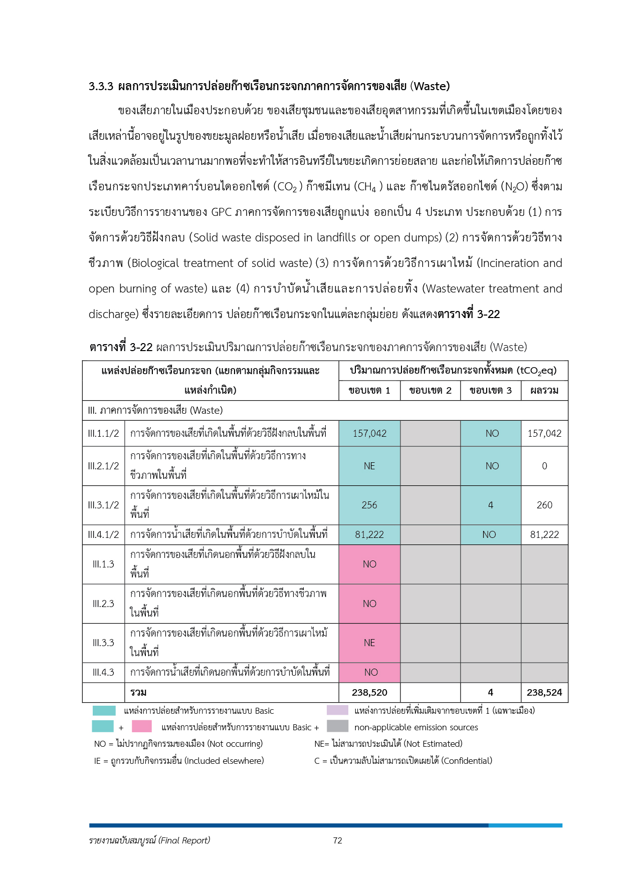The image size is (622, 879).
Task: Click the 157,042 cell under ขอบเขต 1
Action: click(x=369, y=433)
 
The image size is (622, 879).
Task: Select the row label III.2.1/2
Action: click(x=103, y=466)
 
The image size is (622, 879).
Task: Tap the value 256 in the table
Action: click(x=369, y=505)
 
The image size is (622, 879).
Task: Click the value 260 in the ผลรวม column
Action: click(x=544, y=505)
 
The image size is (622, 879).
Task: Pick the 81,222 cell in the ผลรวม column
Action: click(x=544, y=534)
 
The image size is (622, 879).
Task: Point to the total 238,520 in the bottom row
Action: click(x=369, y=692)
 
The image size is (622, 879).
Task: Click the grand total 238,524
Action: click(x=544, y=692)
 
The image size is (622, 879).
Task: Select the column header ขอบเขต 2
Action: click(x=430, y=390)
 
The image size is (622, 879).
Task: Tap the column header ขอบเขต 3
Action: click(x=491, y=390)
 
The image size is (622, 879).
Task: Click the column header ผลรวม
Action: click(x=544, y=390)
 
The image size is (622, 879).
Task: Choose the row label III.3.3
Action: click(x=103, y=643)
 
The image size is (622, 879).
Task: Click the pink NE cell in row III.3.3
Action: click(x=369, y=643)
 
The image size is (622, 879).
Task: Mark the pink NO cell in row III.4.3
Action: click(x=371, y=672)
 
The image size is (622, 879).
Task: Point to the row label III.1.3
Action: click(x=103, y=564)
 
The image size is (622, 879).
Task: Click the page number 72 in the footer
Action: click(x=337, y=840)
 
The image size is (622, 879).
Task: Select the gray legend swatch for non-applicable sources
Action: click(x=337, y=726)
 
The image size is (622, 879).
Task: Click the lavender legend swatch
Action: click(x=337, y=710)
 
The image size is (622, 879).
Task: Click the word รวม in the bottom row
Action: click(x=138, y=692)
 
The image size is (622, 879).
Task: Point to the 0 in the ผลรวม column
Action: click(x=544, y=466)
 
